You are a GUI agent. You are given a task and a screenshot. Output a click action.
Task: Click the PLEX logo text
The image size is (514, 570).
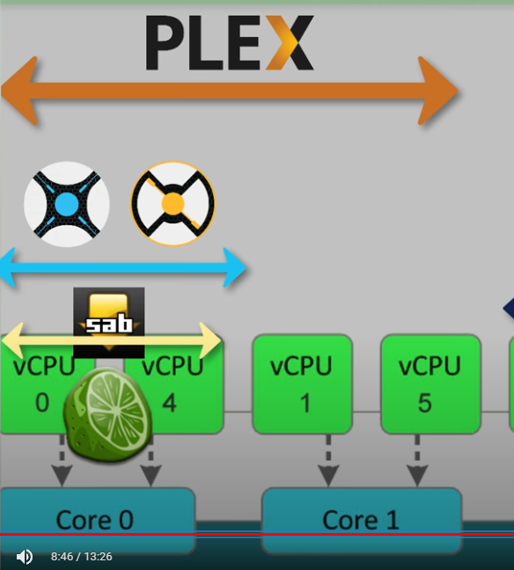coord(230,42)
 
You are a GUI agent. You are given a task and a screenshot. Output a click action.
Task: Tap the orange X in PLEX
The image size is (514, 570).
coord(290,42)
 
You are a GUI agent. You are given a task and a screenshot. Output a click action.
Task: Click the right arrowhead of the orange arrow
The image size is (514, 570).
coord(437,91)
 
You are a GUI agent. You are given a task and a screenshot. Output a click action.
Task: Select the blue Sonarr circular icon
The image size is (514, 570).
coord(67,204)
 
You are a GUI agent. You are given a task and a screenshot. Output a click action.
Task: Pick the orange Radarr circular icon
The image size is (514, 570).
coord(173,203)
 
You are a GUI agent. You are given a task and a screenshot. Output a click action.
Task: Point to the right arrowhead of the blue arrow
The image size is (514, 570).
coord(235,268)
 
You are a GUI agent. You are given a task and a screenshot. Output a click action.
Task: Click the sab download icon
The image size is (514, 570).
coord(109,323)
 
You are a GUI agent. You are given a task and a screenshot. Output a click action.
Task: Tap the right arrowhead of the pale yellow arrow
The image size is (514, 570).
coord(209,340)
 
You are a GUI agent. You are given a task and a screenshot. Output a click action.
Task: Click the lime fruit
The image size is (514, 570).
coord(108,414)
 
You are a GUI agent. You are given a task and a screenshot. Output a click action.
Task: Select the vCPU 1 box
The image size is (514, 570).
coord(302,384)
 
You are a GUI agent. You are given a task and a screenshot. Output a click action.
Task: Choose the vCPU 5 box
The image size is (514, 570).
coord(430,384)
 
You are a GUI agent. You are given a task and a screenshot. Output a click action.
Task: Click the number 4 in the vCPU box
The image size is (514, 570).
coord(169,403)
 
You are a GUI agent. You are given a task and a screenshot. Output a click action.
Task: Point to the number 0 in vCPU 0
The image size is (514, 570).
coord(42,403)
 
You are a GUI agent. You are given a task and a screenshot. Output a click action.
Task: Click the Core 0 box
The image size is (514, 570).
coord(97,521)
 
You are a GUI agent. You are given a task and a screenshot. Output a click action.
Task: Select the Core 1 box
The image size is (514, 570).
coord(362,521)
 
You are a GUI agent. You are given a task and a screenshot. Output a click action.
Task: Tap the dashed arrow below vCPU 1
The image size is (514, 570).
coord(328,461)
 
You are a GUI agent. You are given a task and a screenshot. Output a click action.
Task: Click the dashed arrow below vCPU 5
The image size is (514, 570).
coord(417,461)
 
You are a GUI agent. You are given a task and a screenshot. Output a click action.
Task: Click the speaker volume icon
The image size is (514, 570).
coord(25,557)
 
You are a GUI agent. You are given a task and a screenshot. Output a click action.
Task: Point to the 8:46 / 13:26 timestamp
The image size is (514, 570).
coord(82,557)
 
